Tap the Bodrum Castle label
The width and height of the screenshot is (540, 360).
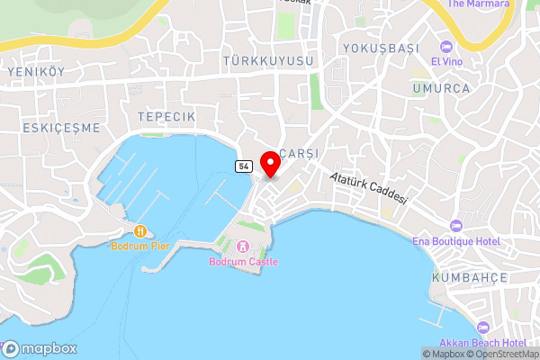tap(243, 262)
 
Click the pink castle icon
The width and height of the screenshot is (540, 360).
tap(242, 247)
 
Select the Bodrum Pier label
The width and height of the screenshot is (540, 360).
tap(139, 245)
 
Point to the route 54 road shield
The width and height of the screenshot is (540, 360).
tap(243, 166)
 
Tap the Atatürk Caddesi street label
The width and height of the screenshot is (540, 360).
tap(369, 188)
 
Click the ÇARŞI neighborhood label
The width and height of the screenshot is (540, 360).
tap(301, 153)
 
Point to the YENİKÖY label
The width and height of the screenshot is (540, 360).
tap(38, 71)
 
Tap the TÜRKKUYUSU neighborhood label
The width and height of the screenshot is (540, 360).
tap(270, 60)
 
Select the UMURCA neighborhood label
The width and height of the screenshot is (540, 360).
tap(441, 88)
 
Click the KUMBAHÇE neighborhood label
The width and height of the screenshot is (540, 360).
tap(469, 278)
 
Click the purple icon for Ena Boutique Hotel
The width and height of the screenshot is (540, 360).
tap(455, 224)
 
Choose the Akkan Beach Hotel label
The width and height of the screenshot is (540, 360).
tap(482, 343)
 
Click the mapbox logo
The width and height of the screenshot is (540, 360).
tap(40, 349)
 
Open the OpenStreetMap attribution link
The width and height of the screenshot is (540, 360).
tap(501, 355)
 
